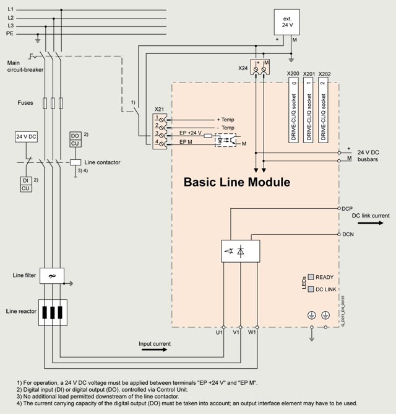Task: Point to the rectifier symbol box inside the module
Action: click(x=241, y=251)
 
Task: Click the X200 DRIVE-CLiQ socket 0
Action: click(x=295, y=111)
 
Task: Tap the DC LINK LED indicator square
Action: click(x=311, y=289)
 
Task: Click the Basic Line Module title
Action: click(x=236, y=183)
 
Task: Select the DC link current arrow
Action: click(x=374, y=224)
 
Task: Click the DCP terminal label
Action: click(x=347, y=209)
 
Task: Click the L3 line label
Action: click(x=11, y=25)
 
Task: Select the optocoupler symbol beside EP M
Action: click(x=224, y=140)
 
